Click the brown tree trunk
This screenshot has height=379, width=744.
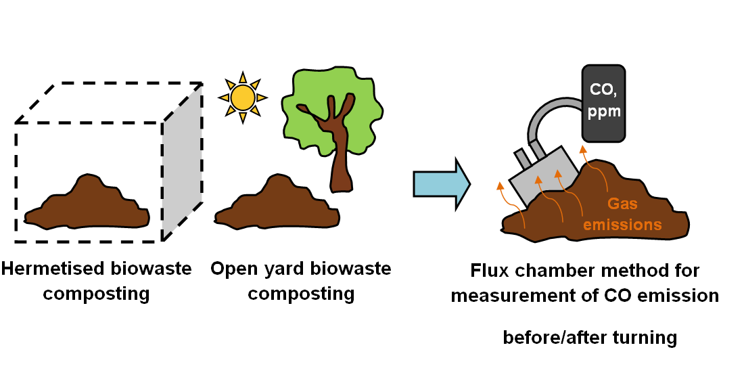tap(340, 159)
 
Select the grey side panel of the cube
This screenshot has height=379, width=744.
tap(182, 162)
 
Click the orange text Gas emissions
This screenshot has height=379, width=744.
tap(622, 214)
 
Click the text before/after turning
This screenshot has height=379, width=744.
tap(589, 337)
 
